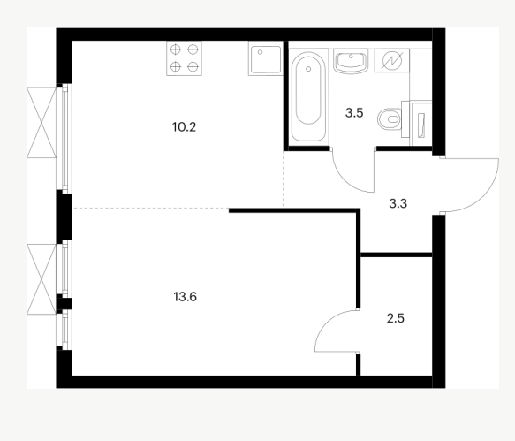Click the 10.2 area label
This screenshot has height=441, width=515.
184,127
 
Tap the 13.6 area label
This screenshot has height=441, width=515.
185,297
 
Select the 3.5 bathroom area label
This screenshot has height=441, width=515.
354,113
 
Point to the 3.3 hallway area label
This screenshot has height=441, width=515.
398,204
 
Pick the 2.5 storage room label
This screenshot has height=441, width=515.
396,318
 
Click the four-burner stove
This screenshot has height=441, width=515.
184,58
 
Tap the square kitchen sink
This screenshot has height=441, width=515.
266,58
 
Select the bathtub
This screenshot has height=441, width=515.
308,95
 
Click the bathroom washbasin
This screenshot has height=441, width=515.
351,60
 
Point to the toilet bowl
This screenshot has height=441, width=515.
390,119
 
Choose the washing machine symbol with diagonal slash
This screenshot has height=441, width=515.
392,60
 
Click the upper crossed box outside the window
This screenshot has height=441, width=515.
42,123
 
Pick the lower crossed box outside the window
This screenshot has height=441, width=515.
42,279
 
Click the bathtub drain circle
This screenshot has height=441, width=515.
308,69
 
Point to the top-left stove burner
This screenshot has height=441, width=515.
176,49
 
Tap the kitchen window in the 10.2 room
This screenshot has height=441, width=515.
65,139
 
